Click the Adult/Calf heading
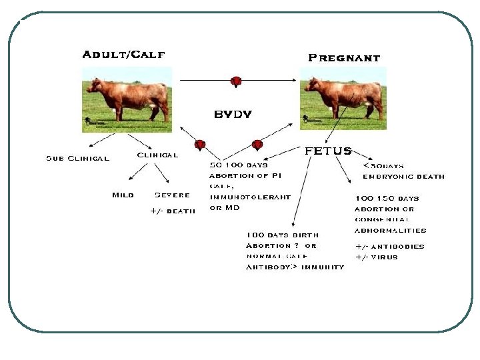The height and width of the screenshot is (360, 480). point(123,55)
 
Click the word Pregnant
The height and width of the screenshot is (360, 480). point(343,58)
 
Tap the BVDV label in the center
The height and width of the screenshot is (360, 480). point(233,114)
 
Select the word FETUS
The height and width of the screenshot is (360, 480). point(328,151)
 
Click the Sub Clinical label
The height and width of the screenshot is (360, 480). point(77,159)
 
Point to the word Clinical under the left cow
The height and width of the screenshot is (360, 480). point(157,155)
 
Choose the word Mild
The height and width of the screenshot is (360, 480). point(123,195)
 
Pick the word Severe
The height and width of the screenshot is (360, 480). point(172,195)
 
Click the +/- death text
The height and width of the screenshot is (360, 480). point(173,211)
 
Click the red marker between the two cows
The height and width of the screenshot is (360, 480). point(235,81)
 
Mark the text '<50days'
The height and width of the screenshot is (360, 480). point(383,165)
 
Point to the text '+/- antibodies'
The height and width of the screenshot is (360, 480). point(389,246)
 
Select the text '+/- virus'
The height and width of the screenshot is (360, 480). point(376,257)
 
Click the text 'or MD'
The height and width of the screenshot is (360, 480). point(224,207)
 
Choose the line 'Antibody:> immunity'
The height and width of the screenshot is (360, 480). point(295,267)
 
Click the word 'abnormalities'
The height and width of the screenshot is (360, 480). point(390,230)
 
